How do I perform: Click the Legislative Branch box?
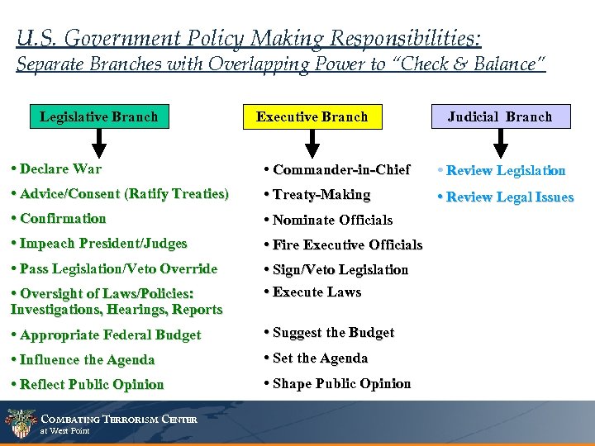(x=98, y=116)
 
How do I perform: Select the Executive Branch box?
(x=312, y=116)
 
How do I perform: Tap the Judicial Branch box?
(x=499, y=116)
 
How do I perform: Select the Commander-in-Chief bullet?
(x=337, y=170)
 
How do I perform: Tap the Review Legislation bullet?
(x=501, y=171)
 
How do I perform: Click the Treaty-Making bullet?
(x=317, y=195)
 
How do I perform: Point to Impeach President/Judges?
(x=99, y=244)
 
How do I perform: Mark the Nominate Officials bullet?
(x=328, y=220)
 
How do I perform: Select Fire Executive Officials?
(x=343, y=244)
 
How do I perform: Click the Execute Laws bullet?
(x=312, y=292)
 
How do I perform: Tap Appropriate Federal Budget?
(x=106, y=334)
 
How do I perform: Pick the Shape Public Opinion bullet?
(x=337, y=383)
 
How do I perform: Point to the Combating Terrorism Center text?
(x=119, y=420)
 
